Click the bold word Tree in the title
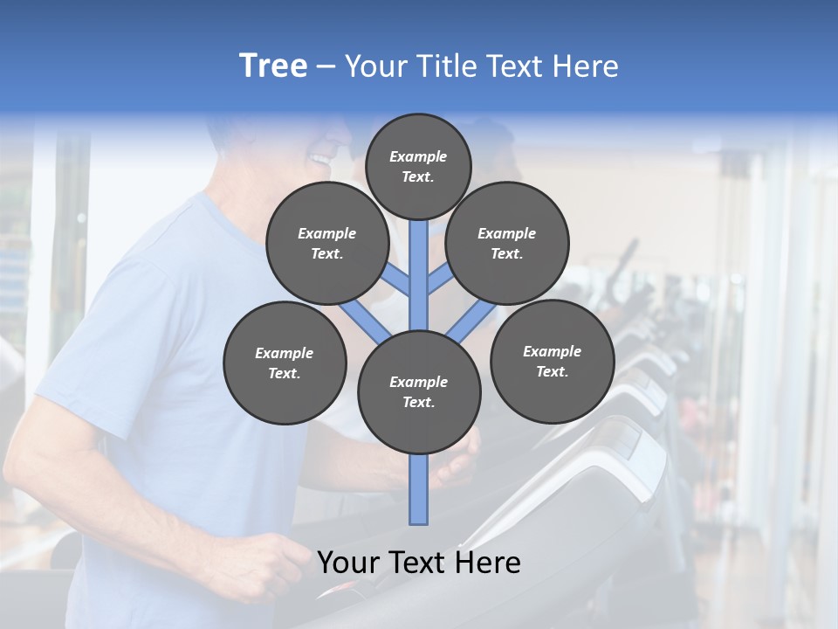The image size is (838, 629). coord(273,66)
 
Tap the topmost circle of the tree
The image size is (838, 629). coord(418,167)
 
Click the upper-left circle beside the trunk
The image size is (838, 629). coord(327,244)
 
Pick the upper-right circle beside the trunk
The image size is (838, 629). coord(507,244)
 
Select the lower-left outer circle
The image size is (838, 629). coord(285,363)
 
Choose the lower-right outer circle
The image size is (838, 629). coord(552,362)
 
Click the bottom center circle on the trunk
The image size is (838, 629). coord(419,392)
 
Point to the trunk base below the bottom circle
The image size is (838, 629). coord(419,489)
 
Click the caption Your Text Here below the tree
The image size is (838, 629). coord(419,563)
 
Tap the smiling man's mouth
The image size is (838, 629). coord(321,161)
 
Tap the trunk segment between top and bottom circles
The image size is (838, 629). coord(419,271)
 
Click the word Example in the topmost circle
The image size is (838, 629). coord(418,157)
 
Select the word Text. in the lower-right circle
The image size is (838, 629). coord(552,372)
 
